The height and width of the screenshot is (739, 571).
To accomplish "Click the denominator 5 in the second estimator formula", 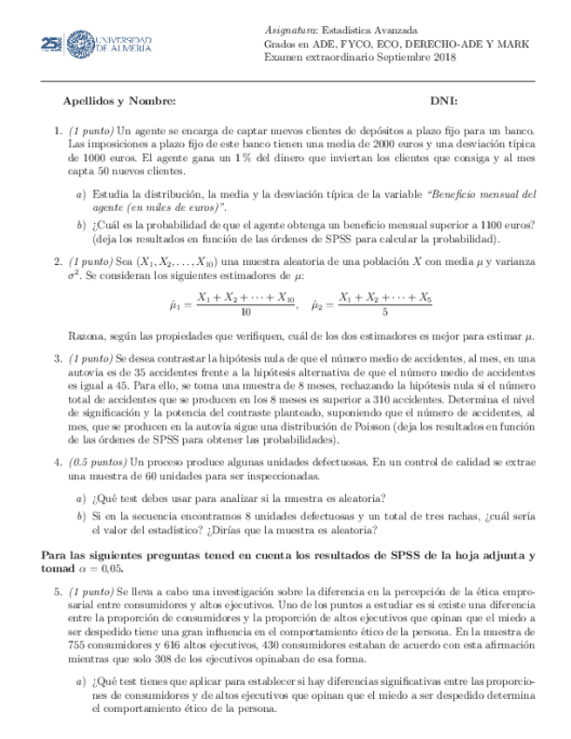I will [384, 312].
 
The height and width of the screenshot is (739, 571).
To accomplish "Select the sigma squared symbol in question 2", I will [74, 275].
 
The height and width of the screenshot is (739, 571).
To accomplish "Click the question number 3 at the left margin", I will [56, 357].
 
